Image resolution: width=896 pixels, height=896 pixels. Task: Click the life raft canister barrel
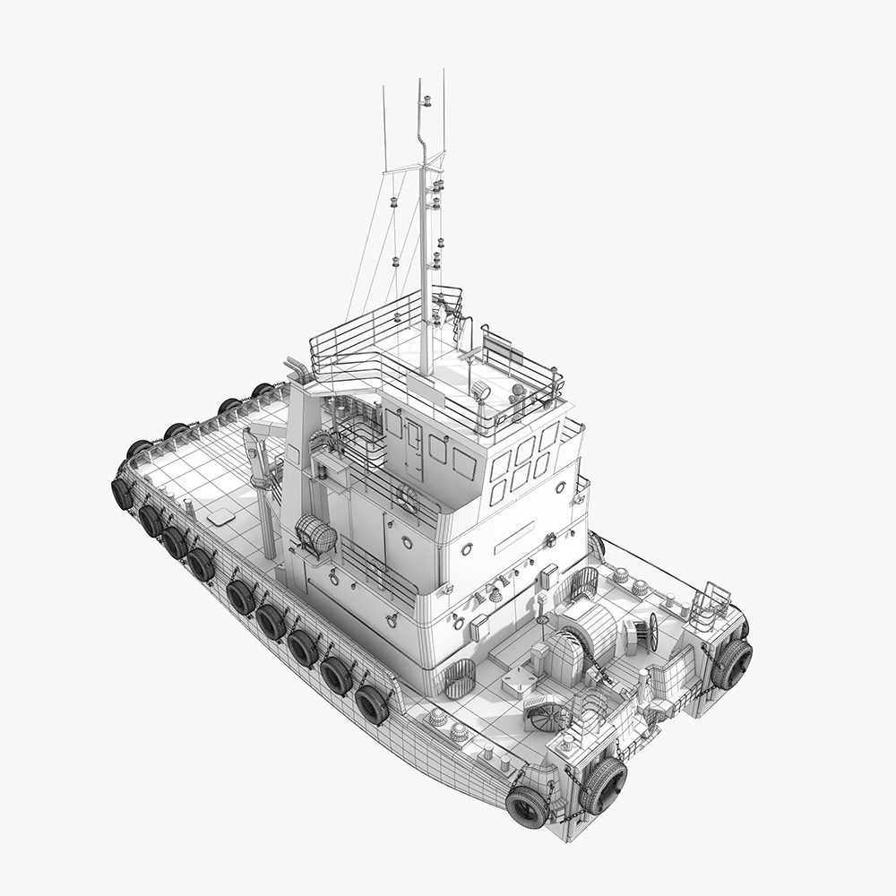click(314, 537)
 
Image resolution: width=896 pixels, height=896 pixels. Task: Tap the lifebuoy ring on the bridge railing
click(408, 498)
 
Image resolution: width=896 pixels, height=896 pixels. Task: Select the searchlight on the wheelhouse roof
click(481, 390)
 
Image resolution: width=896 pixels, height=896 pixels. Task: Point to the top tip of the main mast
click(418, 82)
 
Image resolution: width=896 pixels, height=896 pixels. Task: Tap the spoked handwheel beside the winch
click(653, 632)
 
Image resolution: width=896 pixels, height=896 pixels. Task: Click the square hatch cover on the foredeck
click(517, 681)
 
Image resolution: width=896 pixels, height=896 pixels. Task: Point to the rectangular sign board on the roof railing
click(498, 346)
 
